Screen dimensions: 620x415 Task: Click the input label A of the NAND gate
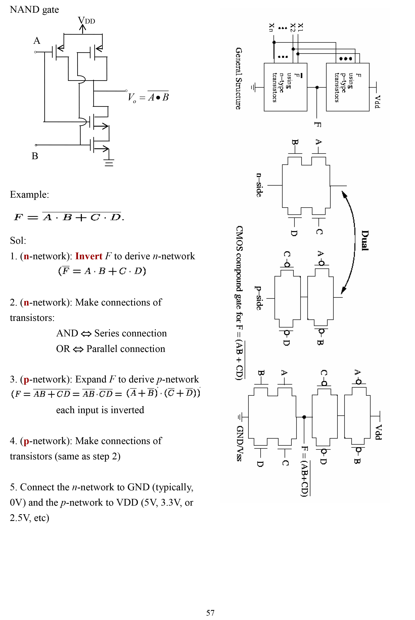pos(37,41)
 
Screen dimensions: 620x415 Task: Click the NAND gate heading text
pos(34,10)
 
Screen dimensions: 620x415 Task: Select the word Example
pos(29,194)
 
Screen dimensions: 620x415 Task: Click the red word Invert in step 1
pos(89,256)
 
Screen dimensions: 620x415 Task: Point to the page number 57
pos(210,613)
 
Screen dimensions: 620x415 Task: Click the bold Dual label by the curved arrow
pos(365,240)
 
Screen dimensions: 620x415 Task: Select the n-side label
pos(259,185)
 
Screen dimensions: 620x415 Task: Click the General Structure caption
pos(239,79)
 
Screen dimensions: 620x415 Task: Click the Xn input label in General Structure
pos(271,27)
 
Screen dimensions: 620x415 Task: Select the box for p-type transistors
pos(348,87)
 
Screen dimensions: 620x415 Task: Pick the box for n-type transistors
pos(285,87)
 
